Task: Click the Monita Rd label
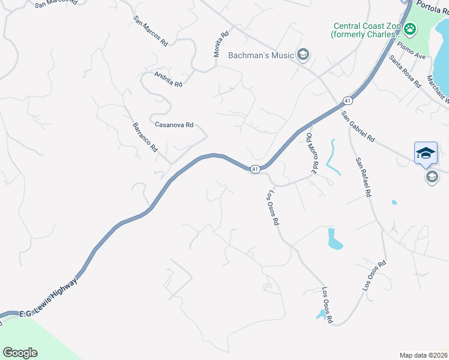tap(220, 44)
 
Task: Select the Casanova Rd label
tap(174, 125)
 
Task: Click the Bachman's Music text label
tap(261, 56)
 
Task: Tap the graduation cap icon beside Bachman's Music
tap(303, 56)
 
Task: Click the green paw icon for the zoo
tap(411, 28)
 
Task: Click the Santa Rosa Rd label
tap(405, 71)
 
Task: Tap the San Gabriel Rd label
tap(358, 126)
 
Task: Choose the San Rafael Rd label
tap(363, 178)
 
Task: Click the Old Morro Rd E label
tap(311, 154)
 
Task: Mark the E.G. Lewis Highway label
tap(49, 298)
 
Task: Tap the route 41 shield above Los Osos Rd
tap(255, 170)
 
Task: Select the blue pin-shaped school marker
tap(426, 152)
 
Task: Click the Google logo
tap(20, 352)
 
